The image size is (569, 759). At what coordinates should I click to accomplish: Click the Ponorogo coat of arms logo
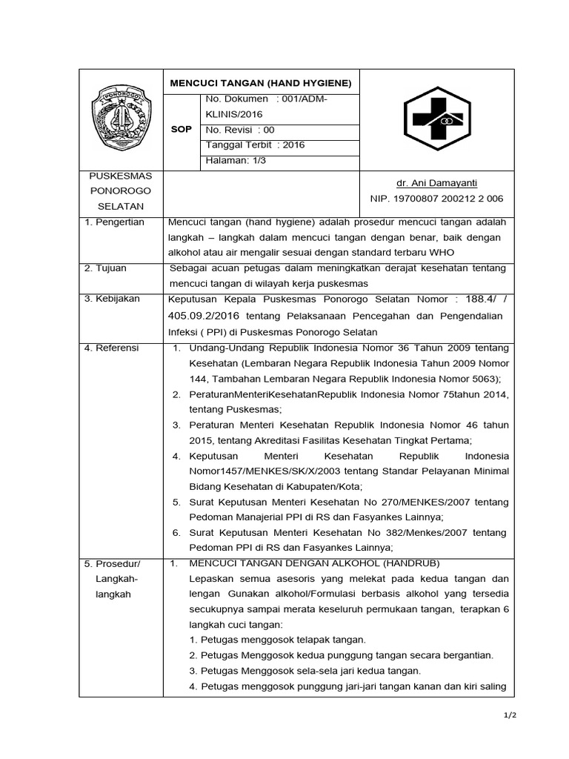point(122,119)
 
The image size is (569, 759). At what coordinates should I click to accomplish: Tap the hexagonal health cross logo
point(436,119)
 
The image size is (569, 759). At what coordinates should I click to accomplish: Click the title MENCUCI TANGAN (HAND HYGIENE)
point(262,82)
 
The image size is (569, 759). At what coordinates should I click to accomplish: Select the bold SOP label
point(181,129)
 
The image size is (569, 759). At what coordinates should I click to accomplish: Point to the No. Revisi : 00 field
point(239,129)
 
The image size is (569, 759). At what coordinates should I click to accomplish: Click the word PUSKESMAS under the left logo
point(121,176)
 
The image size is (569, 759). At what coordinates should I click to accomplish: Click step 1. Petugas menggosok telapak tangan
point(278,640)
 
